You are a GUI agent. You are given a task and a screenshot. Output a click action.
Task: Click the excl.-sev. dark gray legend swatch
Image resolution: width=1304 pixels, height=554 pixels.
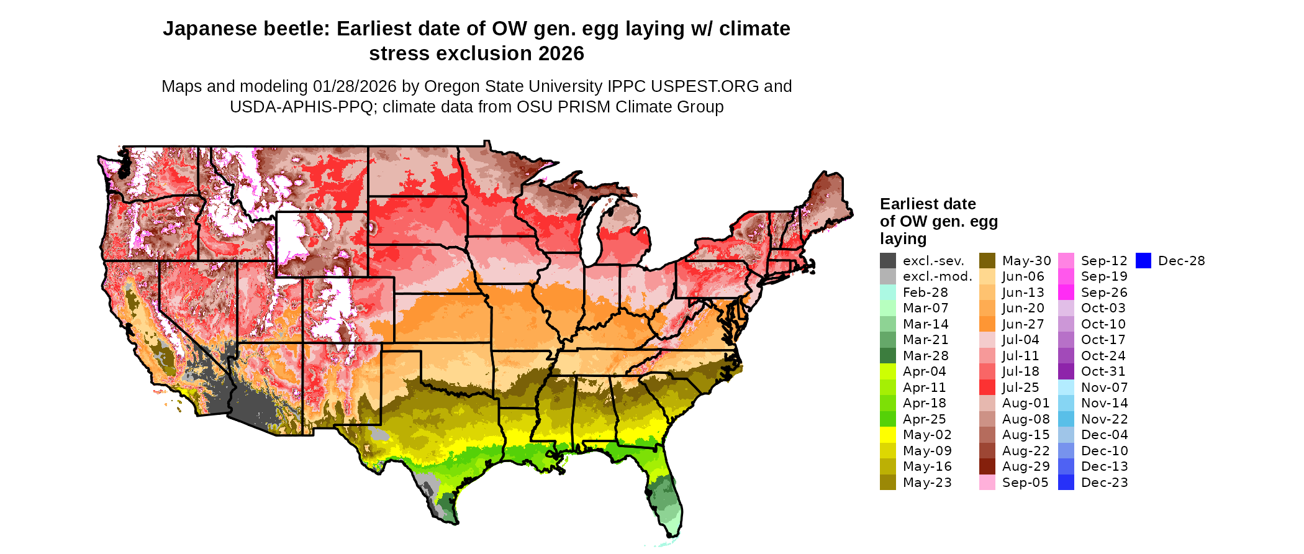click(x=888, y=261)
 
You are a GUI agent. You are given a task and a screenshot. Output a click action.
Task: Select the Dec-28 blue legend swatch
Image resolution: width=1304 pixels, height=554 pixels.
click(x=1144, y=261)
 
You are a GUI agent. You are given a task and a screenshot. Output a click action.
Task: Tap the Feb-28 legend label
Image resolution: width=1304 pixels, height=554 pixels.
click(x=925, y=293)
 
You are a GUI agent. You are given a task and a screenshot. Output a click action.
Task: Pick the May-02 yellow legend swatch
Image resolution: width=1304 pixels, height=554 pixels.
click(x=888, y=435)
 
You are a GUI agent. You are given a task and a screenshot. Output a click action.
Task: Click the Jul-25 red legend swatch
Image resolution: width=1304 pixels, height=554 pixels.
click(x=987, y=388)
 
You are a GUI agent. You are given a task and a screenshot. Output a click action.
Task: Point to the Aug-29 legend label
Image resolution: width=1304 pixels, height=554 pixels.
click(x=1026, y=466)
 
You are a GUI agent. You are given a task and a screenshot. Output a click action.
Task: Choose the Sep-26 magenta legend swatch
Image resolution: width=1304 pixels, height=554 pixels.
click(x=1066, y=293)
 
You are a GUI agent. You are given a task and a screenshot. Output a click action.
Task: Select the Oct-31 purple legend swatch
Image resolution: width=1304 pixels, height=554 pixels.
click(x=1066, y=371)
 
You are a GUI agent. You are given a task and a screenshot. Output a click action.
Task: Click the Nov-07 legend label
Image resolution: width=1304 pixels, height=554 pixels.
click(x=1104, y=388)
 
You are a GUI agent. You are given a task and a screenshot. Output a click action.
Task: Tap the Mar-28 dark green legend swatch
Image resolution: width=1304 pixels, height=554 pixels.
click(x=888, y=356)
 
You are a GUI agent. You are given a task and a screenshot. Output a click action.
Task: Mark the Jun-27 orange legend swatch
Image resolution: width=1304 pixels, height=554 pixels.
click(x=987, y=324)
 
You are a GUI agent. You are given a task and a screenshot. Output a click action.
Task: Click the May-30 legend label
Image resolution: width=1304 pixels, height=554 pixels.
click(x=1026, y=261)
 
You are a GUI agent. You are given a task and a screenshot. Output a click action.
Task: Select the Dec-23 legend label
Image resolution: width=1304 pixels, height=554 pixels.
click(x=1104, y=483)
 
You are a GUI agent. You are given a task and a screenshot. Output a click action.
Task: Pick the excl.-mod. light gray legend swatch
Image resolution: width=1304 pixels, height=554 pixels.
click(x=888, y=277)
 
